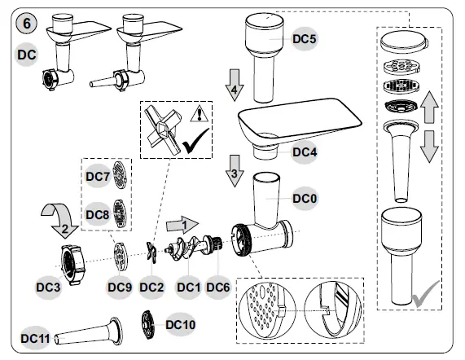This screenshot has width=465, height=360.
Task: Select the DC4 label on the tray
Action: [305, 151]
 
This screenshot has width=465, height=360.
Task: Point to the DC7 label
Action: [97, 177]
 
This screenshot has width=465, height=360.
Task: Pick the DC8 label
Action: [97, 215]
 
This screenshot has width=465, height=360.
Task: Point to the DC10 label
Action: [180, 323]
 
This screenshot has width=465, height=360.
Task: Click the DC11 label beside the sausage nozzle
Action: [37, 337]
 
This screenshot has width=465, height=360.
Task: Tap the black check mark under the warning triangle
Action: [196, 144]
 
